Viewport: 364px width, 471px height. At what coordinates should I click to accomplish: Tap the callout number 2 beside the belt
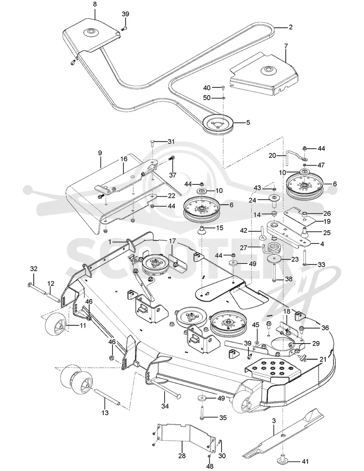point(290,27)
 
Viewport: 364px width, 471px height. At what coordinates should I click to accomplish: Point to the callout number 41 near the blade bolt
point(304,461)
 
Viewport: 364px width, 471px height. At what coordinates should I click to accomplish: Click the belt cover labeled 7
point(264,74)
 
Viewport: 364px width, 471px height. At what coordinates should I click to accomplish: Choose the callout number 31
point(171,142)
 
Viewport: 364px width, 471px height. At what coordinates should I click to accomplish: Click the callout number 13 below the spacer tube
point(105,413)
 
